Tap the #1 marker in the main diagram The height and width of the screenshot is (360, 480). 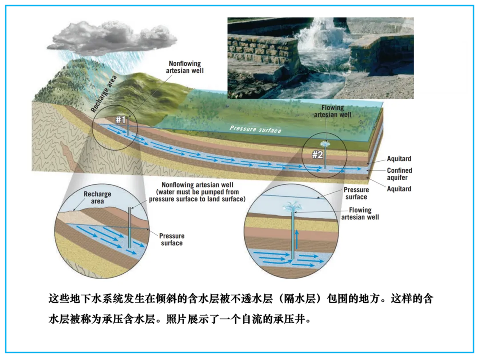pyautogui.click(x=121, y=120)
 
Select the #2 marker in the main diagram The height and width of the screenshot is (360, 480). pyautogui.click(x=317, y=155)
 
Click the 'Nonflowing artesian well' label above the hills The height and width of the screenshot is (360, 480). pyautogui.click(x=185, y=67)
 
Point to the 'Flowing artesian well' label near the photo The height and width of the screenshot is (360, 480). pyautogui.click(x=332, y=111)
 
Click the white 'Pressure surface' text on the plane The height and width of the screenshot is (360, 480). pyautogui.click(x=256, y=129)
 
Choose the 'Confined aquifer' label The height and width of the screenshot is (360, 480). pyautogui.click(x=399, y=174)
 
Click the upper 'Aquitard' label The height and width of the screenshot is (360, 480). pyautogui.click(x=399, y=159)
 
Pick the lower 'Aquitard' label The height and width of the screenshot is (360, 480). pyautogui.click(x=399, y=189)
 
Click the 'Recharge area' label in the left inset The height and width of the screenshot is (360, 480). pyautogui.click(x=97, y=198)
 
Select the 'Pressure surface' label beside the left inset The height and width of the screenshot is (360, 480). pyautogui.click(x=172, y=239)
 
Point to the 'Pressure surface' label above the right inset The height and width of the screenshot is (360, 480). pyautogui.click(x=356, y=193)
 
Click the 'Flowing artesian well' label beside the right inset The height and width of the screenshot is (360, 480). pyautogui.click(x=360, y=213)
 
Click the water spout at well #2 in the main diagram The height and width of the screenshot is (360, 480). pyautogui.click(x=325, y=145)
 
